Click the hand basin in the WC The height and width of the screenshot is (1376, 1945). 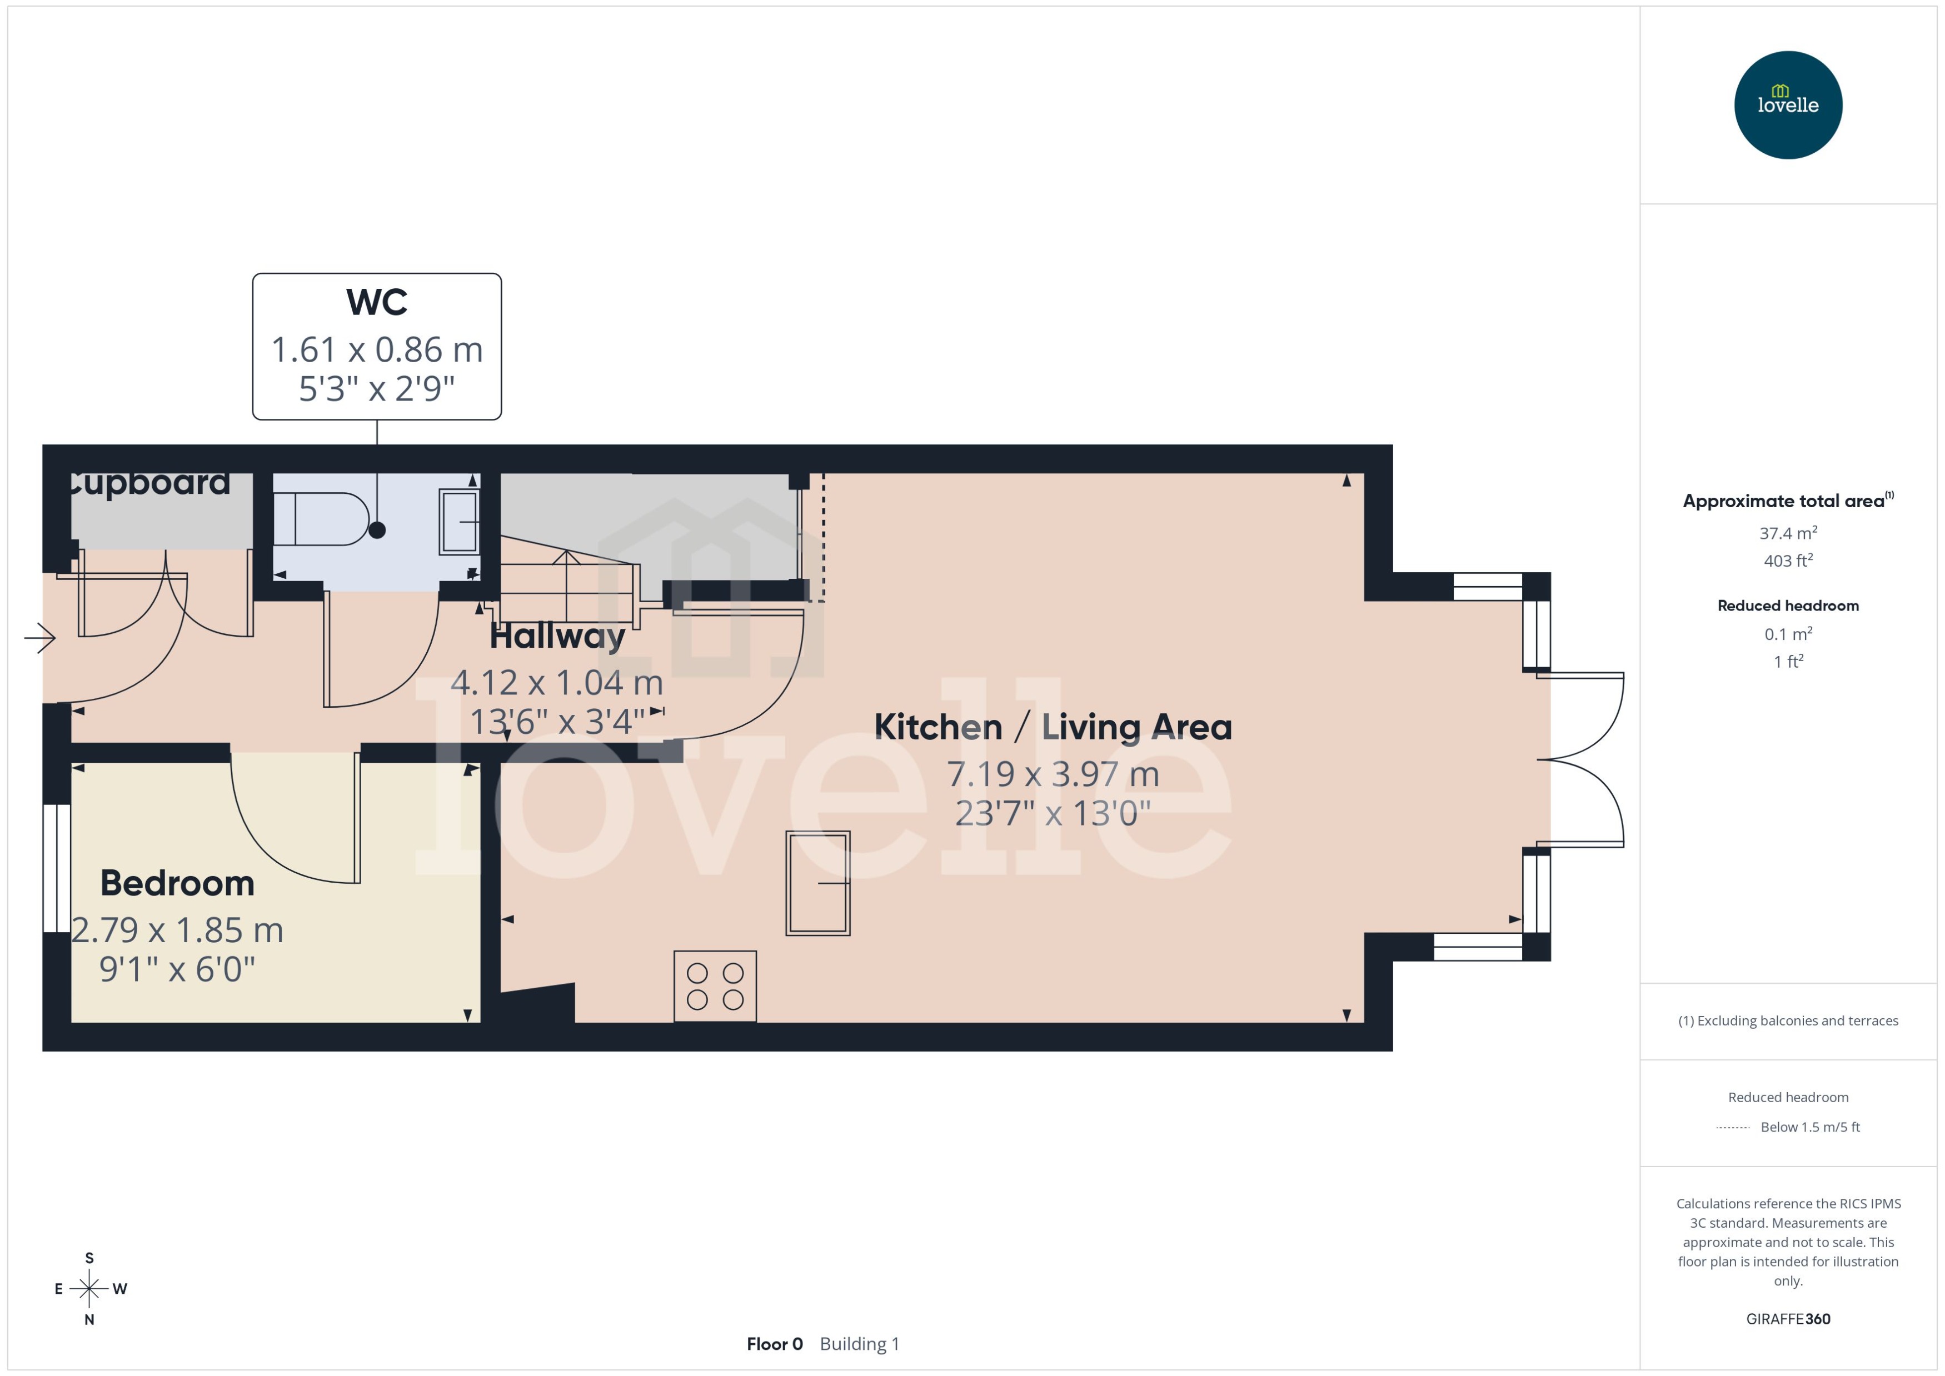click(x=458, y=523)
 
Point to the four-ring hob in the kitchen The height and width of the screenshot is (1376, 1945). click(x=715, y=985)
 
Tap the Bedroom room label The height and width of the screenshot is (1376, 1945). click(x=177, y=883)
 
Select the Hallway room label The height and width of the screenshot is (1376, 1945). click(x=557, y=636)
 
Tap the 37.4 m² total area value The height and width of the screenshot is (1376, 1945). click(x=1787, y=533)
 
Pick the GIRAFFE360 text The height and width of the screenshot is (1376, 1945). click(x=1787, y=1318)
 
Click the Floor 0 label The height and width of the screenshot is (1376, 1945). click(x=774, y=1344)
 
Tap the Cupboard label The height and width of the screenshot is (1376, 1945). click(x=149, y=483)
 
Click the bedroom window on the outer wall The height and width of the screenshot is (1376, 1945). click(x=57, y=868)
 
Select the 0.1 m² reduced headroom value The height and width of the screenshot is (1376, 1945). click(x=1787, y=634)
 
